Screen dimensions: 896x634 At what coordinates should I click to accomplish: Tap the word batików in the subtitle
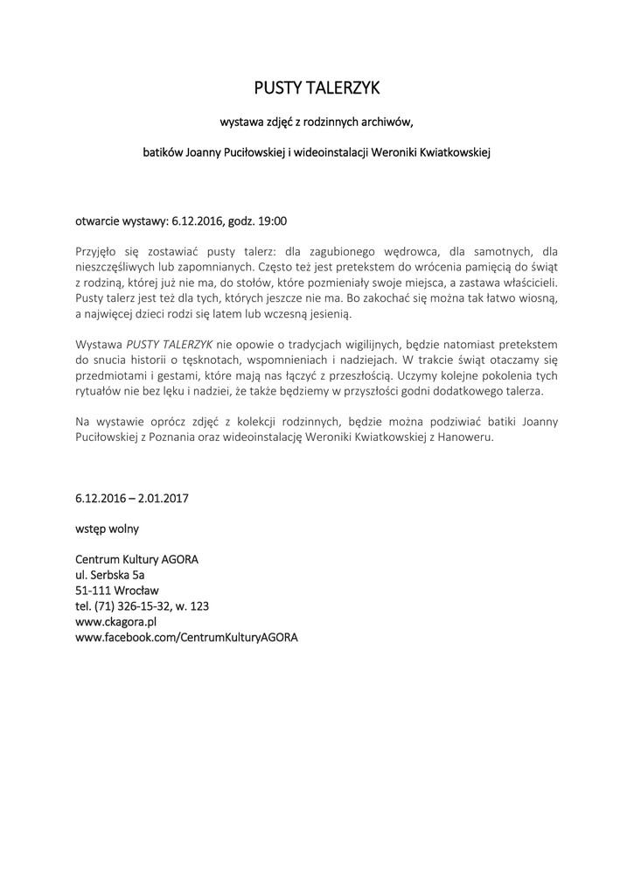point(164,152)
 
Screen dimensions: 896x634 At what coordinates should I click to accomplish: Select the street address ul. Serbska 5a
point(110,575)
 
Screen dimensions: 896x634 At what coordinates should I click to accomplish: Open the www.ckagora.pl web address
point(115,621)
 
